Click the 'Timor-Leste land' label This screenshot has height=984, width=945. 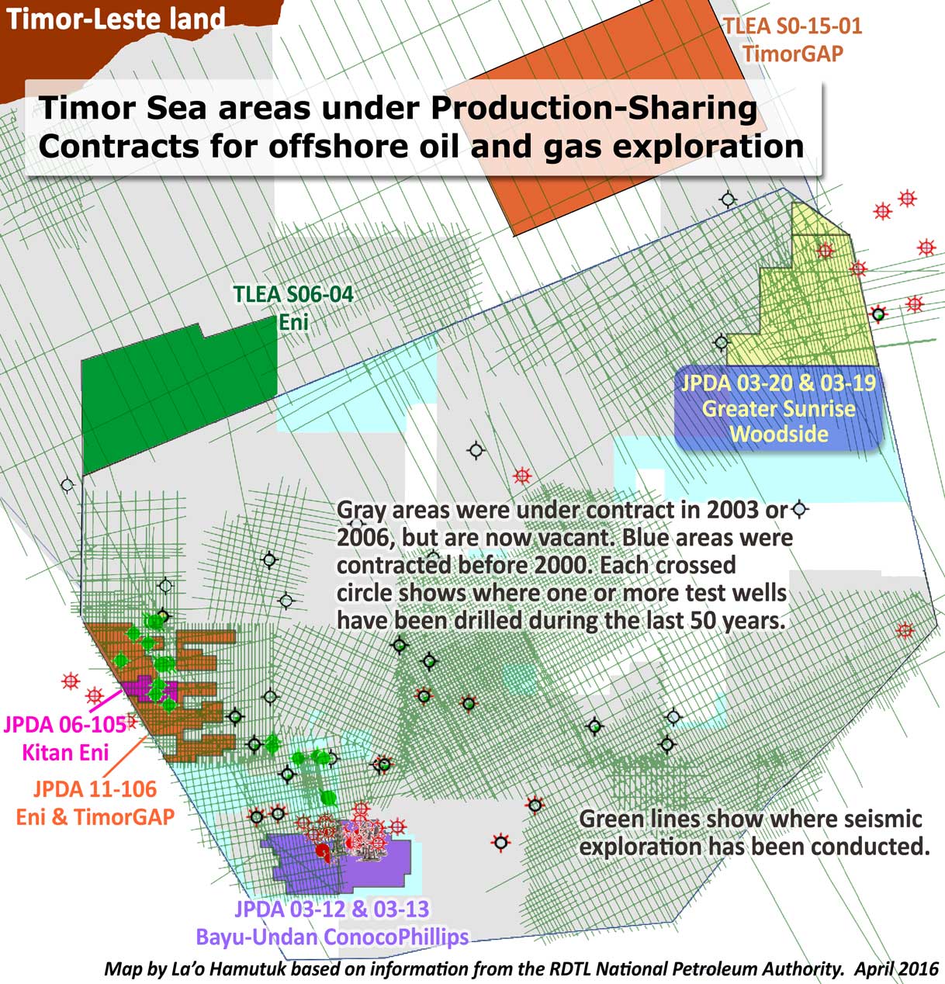[x=116, y=19]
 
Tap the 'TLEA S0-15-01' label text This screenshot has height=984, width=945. [x=792, y=26]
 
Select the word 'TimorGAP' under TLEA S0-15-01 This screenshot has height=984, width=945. [x=792, y=53]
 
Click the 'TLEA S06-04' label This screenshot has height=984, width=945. [x=293, y=295]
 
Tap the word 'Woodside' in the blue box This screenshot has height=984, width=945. [x=779, y=433]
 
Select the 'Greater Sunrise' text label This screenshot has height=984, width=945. [x=779, y=408]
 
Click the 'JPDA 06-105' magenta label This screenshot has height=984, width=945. [x=65, y=726]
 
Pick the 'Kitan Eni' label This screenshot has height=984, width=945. [x=65, y=751]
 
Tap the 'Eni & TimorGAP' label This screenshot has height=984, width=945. [x=95, y=816]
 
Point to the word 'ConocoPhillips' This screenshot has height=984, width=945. [x=396, y=937]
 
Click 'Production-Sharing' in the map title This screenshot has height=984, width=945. [x=593, y=108]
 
